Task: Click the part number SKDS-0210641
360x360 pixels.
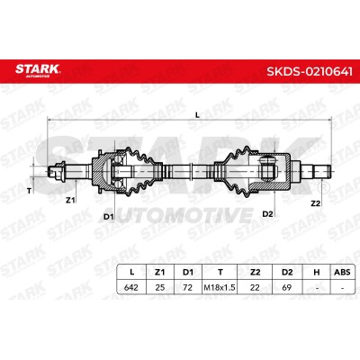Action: click(310, 72)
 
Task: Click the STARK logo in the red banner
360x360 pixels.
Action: click(38, 70)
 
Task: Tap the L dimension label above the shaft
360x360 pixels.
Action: click(197, 115)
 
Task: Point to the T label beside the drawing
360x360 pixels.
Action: click(29, 191)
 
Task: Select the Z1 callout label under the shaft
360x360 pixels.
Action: click(70, 201)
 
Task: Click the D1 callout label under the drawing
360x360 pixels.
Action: click(109, 216)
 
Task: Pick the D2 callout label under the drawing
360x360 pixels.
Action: click(267, 214)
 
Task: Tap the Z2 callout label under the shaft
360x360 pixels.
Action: click(315, 203)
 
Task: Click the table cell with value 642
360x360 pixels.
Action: click(131, 287)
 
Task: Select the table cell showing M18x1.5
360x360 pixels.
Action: click(220, 288)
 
